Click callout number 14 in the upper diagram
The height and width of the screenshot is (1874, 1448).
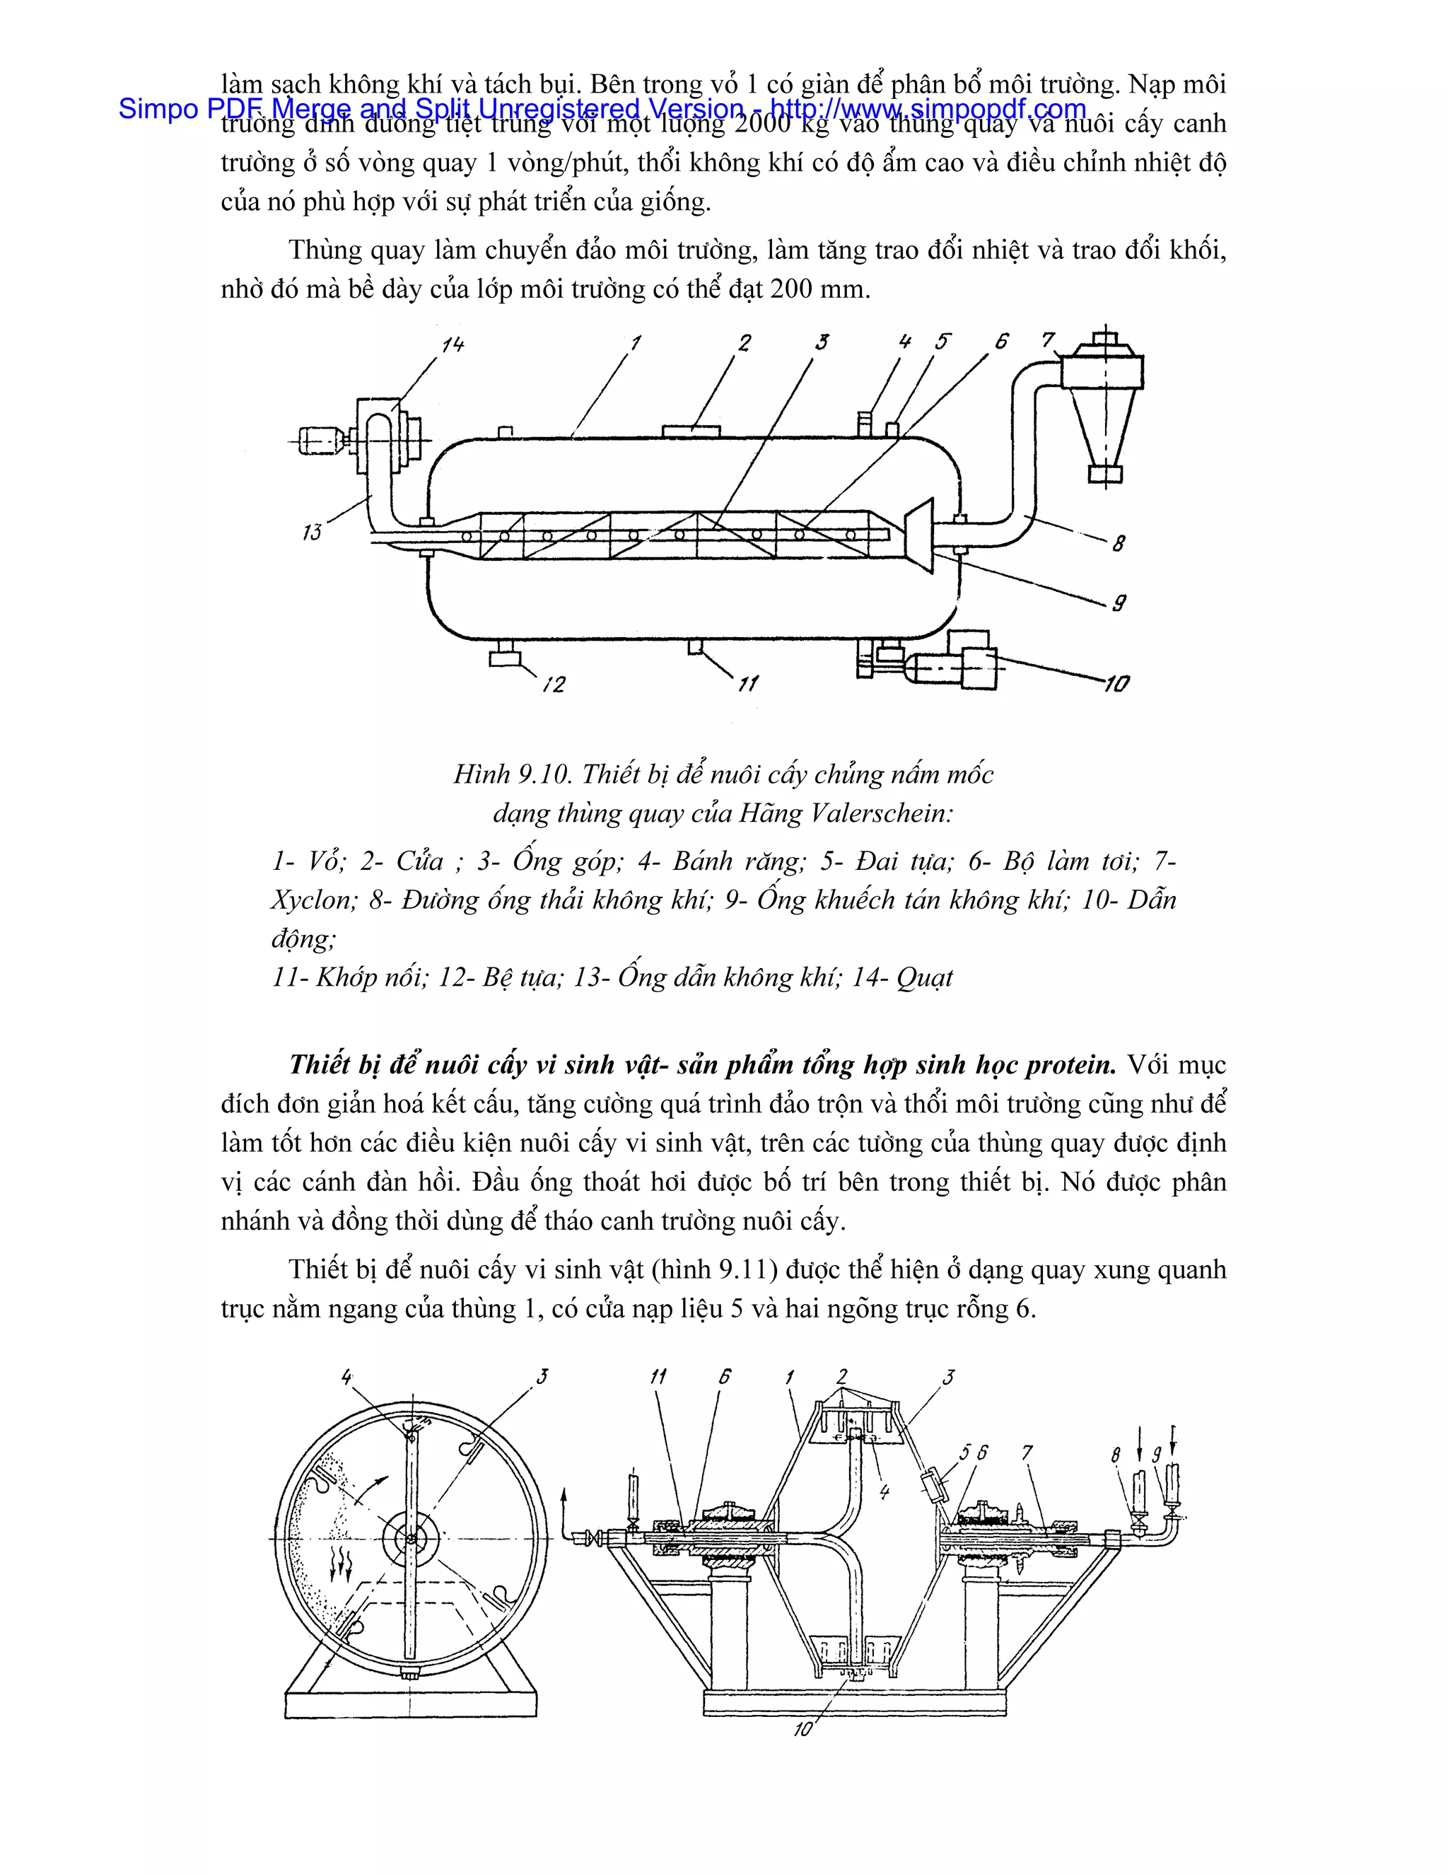point(452,344)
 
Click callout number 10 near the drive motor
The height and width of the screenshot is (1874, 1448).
point(1116,683)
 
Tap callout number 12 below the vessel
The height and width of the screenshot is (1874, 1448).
point(554,684)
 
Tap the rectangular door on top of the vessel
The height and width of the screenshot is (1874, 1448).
point(691,431)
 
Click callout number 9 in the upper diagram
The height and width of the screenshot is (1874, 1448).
point(1119,603)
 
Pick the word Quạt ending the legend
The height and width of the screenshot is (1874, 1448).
point(924,977)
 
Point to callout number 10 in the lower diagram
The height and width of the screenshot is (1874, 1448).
point(802,1729)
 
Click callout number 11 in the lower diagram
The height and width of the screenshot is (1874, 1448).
point(658,1376)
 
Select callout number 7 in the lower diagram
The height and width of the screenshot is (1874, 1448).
point(1027,1452)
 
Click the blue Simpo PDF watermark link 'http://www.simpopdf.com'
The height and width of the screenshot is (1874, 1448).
point(928,109)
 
